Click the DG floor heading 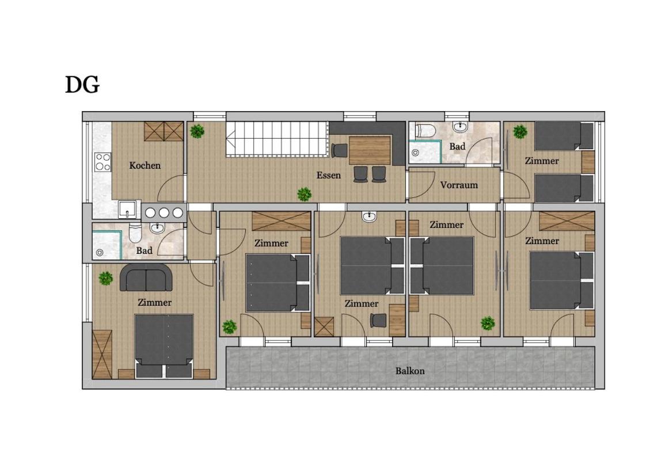(x=82, y=85)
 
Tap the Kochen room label (x=145, y=166)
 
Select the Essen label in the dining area (x=329, y=175)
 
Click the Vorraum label (x=459, y=185)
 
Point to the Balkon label (x=410, y=371)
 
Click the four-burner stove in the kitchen (x=103, y=162)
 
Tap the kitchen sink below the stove (x=128, y=210)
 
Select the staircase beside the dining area (x=278, y=139)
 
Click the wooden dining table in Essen (x=370, y=150)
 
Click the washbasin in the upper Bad (x=461, y=127)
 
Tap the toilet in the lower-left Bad (x=135, y=233)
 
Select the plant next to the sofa (x=106, y=279)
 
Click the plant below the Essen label (x=304, y=194)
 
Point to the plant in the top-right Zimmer (x=520, y=132)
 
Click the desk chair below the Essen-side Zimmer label (x=378, y=321)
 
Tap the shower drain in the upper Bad (x=415, y=153)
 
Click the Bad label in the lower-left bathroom (x=144, y=250)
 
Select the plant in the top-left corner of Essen (x=197, y=131)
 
